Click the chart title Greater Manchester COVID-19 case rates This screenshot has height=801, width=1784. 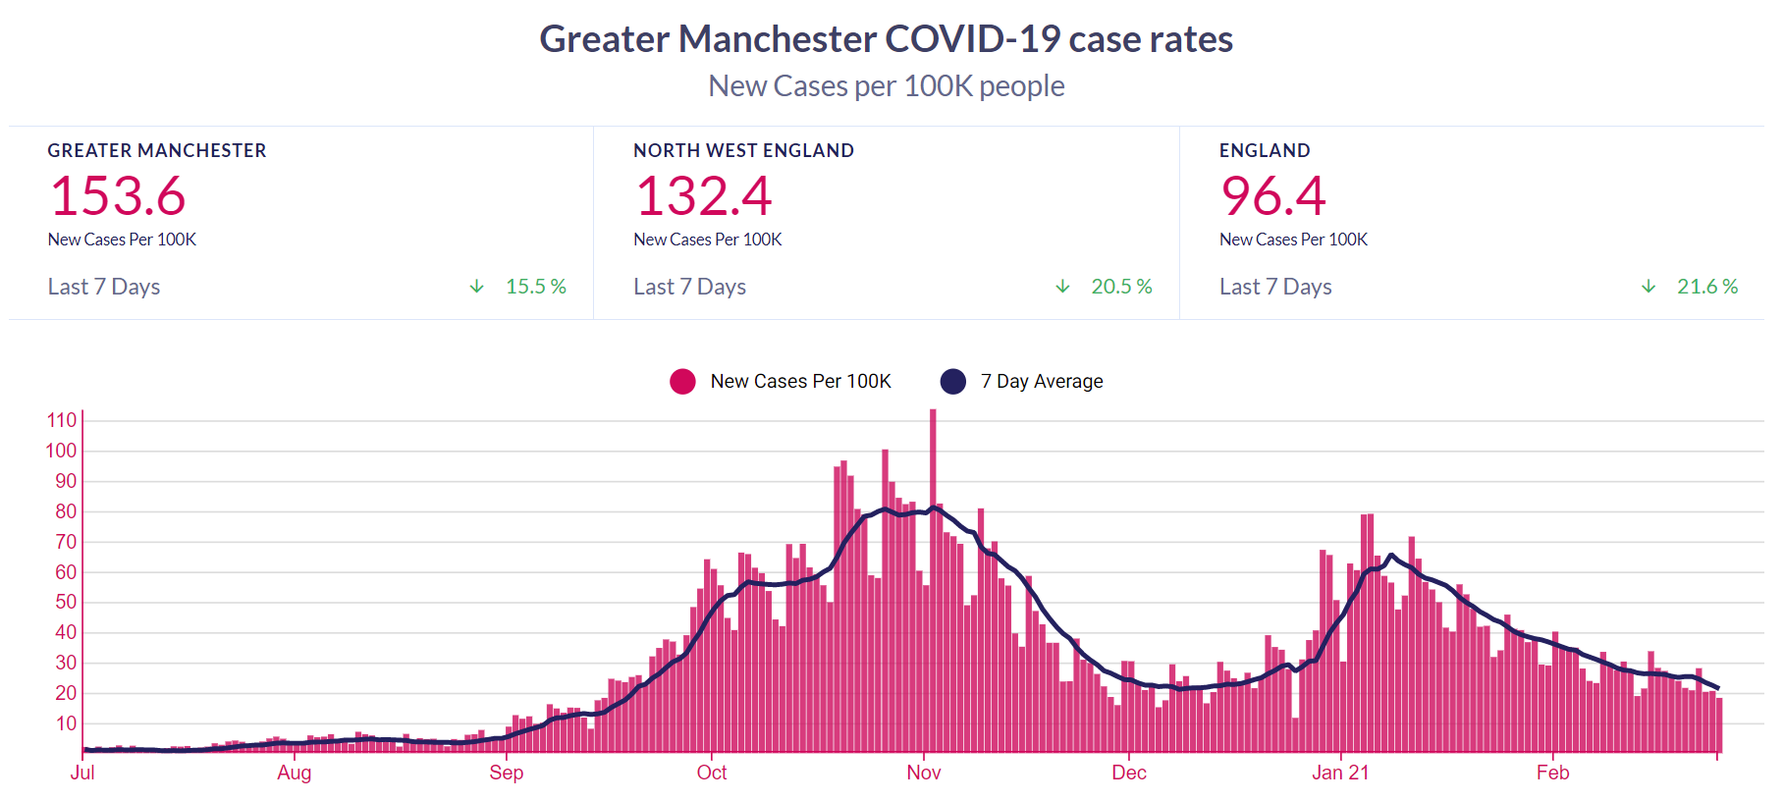(x=886, y=39)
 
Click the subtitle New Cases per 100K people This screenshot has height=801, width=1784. (x=886, y=86)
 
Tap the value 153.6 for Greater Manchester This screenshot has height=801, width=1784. (x=118, y=195)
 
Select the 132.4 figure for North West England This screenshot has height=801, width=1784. (x=704, y=195)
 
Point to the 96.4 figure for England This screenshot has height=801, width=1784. (x=1273, y=195)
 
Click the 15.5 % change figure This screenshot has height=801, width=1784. (x=535, y=287)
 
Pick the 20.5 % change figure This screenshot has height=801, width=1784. (x=1121, y=287)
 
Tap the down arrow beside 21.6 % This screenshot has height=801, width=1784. (x=1649, y=287)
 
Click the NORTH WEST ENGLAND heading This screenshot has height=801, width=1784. (x=743, y=150)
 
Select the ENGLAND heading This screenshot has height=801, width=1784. (x=1265, y=150)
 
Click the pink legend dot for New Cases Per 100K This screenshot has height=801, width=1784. (x=682, y=382)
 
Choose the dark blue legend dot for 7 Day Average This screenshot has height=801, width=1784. (x=952, y=382)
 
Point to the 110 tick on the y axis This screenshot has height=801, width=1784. (x=62, y=420)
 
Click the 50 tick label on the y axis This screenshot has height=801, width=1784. (x=66, y=602)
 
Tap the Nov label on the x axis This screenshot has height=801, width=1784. (x=923, y=773)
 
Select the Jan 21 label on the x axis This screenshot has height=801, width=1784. (x=1340, y=773)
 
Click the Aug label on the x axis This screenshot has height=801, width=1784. (x=294, y=773)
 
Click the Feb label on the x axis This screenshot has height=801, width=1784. (x=1552, y=773)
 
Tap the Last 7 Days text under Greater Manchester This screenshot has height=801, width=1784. (x=104, y=287)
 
